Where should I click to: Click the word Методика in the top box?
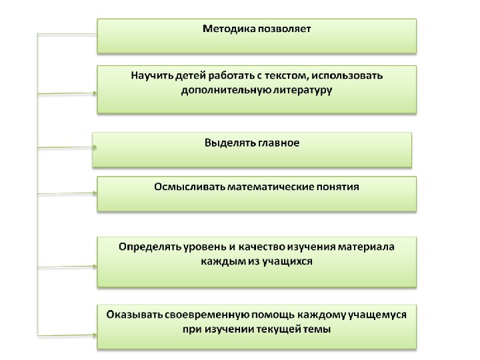tap(225, 29)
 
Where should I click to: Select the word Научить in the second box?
tap(151, 76)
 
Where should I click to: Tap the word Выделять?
tap(227, 143)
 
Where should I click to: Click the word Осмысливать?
tap(190, 187)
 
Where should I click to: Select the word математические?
tap(271, 187)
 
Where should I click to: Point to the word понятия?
tap(338, 187)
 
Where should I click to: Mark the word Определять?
tap(150, 247)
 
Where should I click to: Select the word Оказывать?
tap(135, 315)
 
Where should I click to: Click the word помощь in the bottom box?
tap(274, 315)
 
